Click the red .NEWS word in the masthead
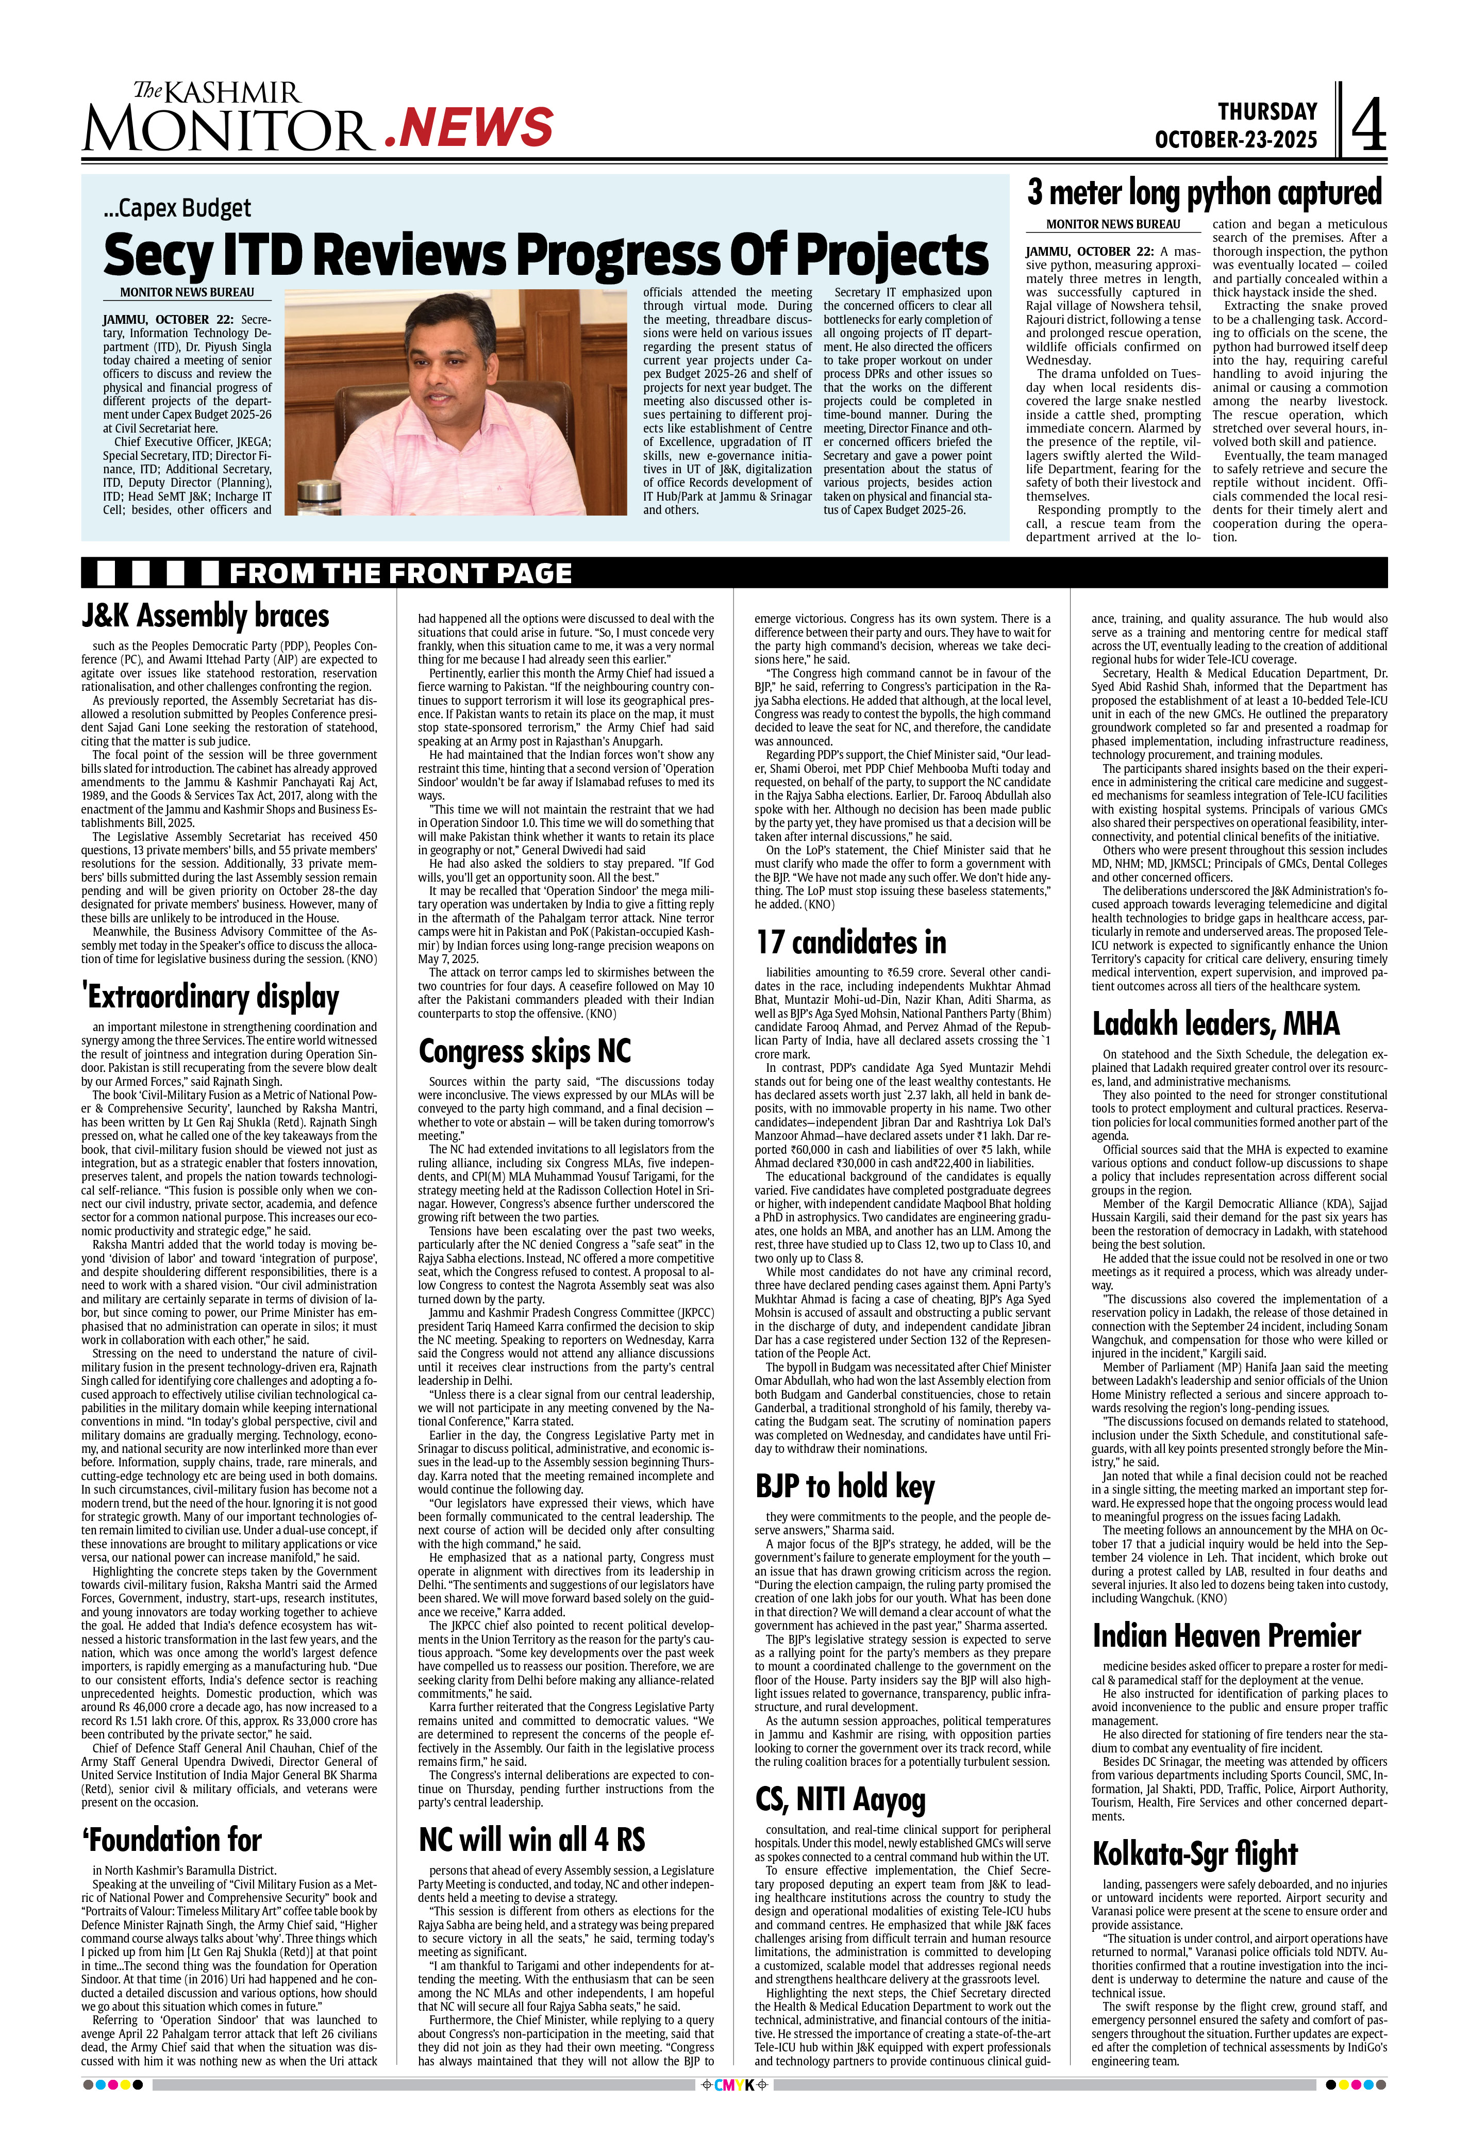pyautogui.click(x=469, y=128)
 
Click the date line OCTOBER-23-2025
pyautogui.click(x=1235, y=140)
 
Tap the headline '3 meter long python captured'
pyautogui.click(x=1204, y=193)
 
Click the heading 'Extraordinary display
pyautogui.click(x=210, y=997)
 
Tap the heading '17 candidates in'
pyautogui.click(x=850, y=942)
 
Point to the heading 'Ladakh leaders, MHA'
pyautogui.click(x=1215, y=1023)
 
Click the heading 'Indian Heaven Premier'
pyautogui.click(x=1226, y=1635)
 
